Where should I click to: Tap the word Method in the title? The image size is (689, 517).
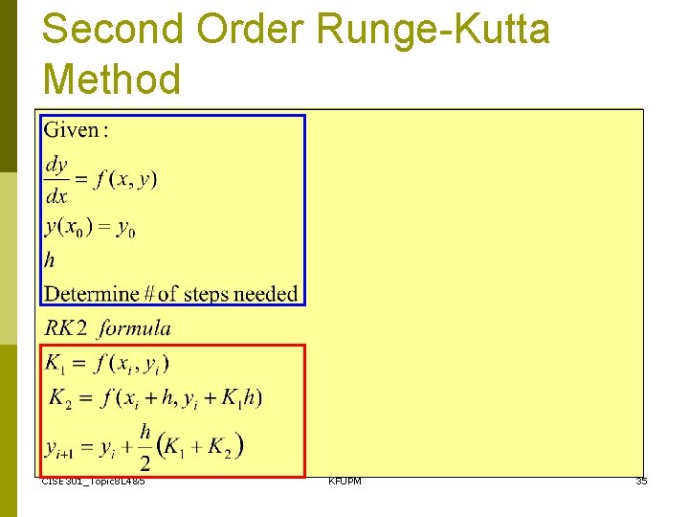click(x=112, y=78)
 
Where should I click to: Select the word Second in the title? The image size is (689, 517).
click(x=112, y=31)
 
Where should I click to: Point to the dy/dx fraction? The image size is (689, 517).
click(x=57, y=180)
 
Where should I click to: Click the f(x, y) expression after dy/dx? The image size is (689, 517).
click(x=125, y=179)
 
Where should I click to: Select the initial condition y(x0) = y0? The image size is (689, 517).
click(x=91, y=229)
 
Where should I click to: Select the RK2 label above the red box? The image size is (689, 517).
click(x=67, y=328)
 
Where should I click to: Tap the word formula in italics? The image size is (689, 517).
click(x=135, y=328)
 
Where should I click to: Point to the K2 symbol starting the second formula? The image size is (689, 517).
click(x=60, y=397)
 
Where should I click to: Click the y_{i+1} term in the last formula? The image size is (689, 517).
click(x=63, y=446)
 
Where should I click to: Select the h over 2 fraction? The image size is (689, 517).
click(x=144, y=447)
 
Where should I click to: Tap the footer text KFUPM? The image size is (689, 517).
click(x=344, y=481)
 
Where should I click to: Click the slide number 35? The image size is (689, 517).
click(x=641, y=481)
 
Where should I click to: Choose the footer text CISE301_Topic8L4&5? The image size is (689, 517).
click(x=94, y=481)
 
